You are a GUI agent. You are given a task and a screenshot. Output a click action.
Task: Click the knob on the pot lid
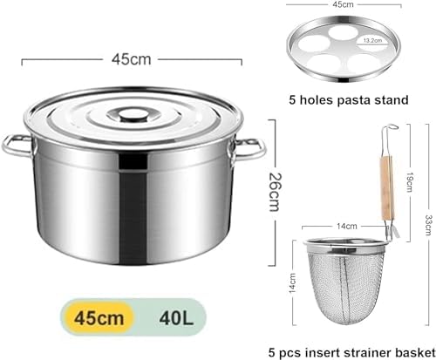pos(133,115)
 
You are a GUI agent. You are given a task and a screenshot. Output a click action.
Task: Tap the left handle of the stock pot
pos(16,146)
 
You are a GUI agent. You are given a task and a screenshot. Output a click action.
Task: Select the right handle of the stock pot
pos(249,149)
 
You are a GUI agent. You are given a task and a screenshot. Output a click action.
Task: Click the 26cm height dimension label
pos(275,192)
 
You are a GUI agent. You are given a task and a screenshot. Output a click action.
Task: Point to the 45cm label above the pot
pos(132,59)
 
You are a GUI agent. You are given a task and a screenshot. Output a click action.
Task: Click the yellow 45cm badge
pos(99,317)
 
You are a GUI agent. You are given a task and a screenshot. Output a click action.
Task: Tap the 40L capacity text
pos(176,318)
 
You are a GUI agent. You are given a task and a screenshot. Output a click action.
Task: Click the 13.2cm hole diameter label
pos(373,40)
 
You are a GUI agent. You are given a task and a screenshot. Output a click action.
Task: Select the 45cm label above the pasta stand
pos(344,4)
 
